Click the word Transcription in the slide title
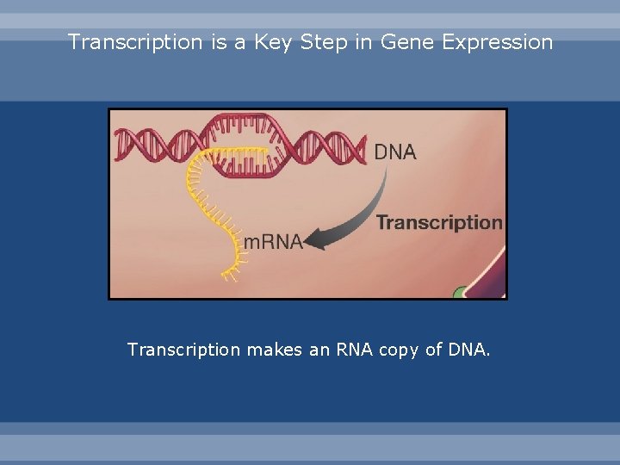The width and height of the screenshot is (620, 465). tap(136, 42)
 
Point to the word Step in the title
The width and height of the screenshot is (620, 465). tap(324, 42)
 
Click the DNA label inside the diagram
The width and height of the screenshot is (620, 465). tap(395, 152)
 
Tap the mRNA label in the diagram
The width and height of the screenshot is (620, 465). tap(273, 242)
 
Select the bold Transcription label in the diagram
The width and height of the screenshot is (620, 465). tap(439, 222)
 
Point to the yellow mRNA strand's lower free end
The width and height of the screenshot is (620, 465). tap(230, 276)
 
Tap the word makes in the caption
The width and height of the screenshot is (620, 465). tap(273, 350)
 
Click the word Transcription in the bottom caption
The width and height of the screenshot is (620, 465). tap(183, 350)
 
